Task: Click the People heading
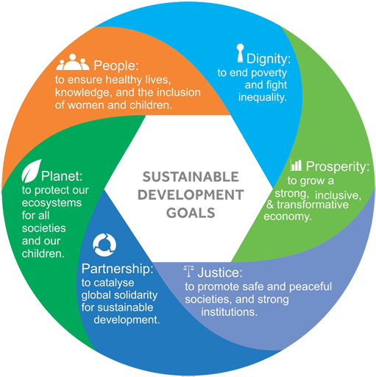pos(116,66)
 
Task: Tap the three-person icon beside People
pos(73,63)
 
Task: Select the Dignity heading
pos(269,59)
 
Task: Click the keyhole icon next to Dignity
pos(240,53)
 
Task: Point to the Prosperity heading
pos(338,166)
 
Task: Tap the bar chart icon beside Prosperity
pos(296,165)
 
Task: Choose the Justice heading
pos(220,272)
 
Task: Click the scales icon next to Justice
pos(188,271)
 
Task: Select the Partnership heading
pos(117,269)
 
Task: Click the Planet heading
pos(62,176)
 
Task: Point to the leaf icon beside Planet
pos(31,172)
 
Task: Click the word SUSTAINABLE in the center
pos(191,177)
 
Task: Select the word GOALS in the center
pos(191,213)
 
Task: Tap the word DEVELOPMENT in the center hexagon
pos(191,195)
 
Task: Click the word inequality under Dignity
pos(263,98)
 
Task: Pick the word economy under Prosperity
pos(288,216)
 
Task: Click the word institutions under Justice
pos(230,312)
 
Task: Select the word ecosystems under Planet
pos(52,203)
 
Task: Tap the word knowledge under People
pos(82,93)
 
